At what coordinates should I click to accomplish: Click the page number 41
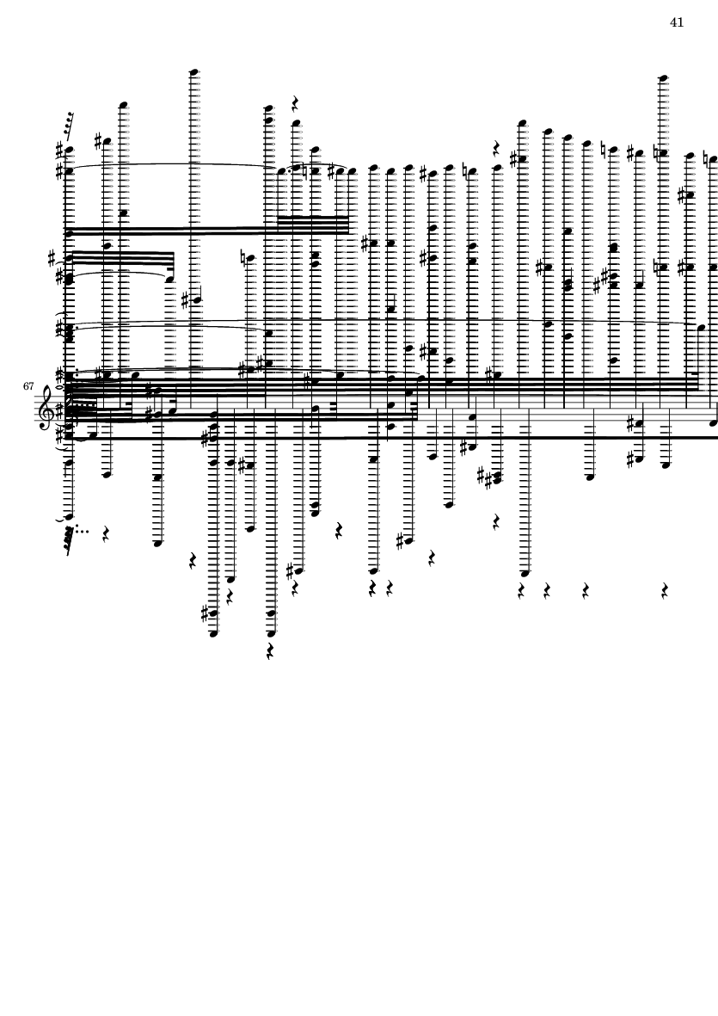point(677,22)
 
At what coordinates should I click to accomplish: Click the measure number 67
point(29,386)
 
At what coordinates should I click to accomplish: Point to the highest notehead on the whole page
point(194,72)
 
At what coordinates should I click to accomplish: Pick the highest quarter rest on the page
point(295,104)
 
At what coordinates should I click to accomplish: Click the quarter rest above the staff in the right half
point(496,147)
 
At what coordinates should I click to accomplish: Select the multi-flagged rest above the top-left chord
point(69,126)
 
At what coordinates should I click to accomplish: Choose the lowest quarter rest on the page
point(270,651)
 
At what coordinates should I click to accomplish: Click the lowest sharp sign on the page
point(206,613)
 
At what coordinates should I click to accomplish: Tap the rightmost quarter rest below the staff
point(665,591)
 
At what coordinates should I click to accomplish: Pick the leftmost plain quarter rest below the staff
point(106,534)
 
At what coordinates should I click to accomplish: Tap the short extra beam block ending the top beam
point(313,224)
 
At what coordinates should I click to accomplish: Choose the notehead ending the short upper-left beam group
point(169,278)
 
